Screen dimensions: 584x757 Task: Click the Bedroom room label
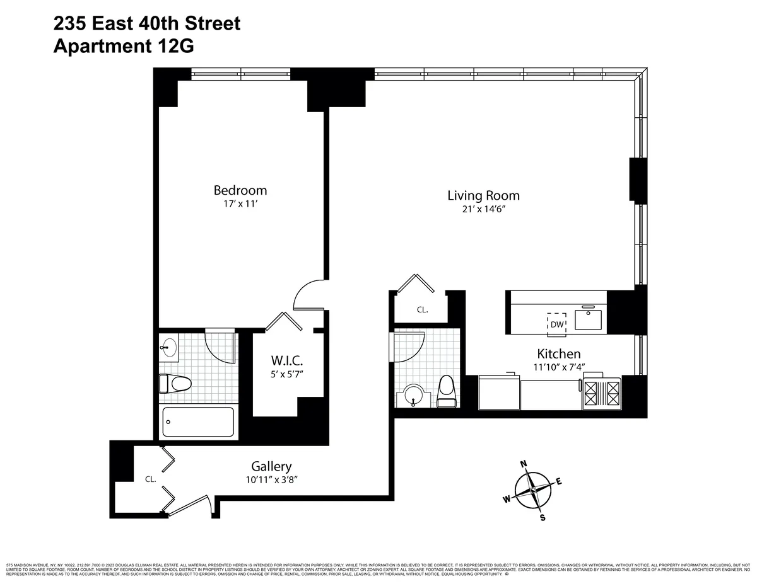pos(240,190)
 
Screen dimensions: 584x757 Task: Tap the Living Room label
pos(483,195)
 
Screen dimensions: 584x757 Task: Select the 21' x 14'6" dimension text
pos(483,210)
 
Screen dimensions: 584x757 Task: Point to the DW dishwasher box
pos(556,324)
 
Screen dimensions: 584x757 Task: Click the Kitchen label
pos(558,354)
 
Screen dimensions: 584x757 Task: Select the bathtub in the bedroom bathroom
pos(198,422)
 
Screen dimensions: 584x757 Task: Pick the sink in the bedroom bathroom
pos(168,347)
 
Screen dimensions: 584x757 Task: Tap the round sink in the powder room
pos(414,397)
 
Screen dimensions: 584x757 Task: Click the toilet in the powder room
pos(446,390)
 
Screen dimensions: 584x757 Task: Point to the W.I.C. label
pos(287,361)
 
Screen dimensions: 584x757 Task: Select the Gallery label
pos(271,467)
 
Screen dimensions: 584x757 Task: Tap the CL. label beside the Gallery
pos(150,479)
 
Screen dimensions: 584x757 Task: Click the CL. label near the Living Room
pos(422,310)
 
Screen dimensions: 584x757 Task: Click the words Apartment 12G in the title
pos(123,46)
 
